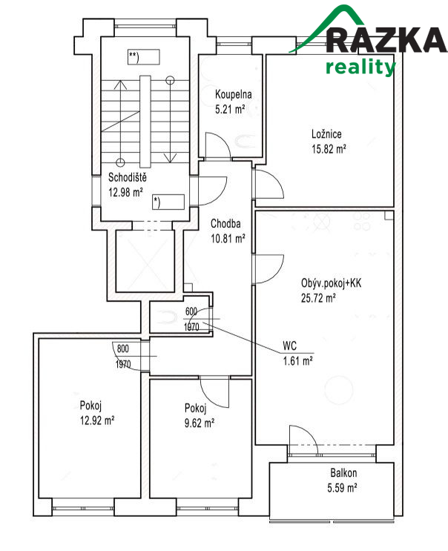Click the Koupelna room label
pos(234,95)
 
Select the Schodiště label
pos(128,178)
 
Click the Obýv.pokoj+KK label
pos(331,283)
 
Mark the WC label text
pos(290,346)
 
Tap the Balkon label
pos(343,473)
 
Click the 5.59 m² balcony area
pos(343,487)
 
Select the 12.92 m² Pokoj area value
pos(96,420)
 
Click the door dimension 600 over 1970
pos(191,319)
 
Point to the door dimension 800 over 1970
pos(123,355)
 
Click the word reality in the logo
pos(360,67)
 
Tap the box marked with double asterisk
pos(145,56)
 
